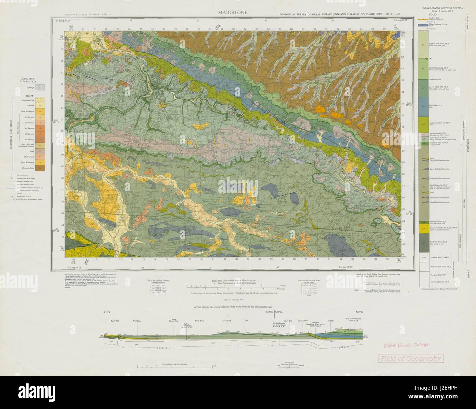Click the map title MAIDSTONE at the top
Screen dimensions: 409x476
coord(233,12)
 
